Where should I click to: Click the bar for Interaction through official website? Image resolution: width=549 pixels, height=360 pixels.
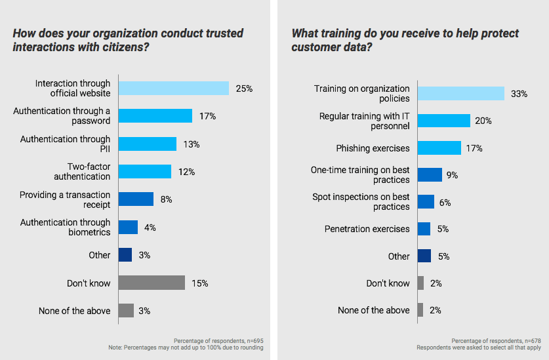tap(173, 88)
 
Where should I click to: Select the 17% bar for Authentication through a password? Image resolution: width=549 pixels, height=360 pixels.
tap(155, 116)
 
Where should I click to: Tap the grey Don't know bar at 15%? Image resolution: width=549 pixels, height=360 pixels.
tap(152, 283)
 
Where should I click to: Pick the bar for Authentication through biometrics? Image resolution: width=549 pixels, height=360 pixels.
tap(128, 227)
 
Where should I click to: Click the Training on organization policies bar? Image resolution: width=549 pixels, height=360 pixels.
tap(460, 93)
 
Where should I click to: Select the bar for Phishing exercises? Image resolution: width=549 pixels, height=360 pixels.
tap(439, 148)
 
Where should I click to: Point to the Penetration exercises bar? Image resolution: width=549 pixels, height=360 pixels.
tap(424, 228)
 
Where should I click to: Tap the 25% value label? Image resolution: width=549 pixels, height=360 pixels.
tap(244, 88)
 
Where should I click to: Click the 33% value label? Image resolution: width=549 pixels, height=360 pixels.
tap(519, 93)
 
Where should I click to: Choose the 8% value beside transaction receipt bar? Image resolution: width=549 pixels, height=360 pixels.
tap(166, 199)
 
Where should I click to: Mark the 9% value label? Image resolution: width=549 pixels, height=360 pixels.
tap(452, 174)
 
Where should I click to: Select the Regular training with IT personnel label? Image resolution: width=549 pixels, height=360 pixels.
tap(364, 121)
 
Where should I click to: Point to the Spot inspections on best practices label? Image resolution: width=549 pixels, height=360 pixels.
tap(370, 201)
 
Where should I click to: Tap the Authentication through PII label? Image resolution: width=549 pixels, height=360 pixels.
tap(65, 144)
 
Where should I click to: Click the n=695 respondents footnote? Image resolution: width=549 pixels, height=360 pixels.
tap(218, 340)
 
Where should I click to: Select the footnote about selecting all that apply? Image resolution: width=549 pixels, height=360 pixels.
tap(478, 347)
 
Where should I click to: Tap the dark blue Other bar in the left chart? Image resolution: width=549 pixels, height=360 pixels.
tap(125, 254)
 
